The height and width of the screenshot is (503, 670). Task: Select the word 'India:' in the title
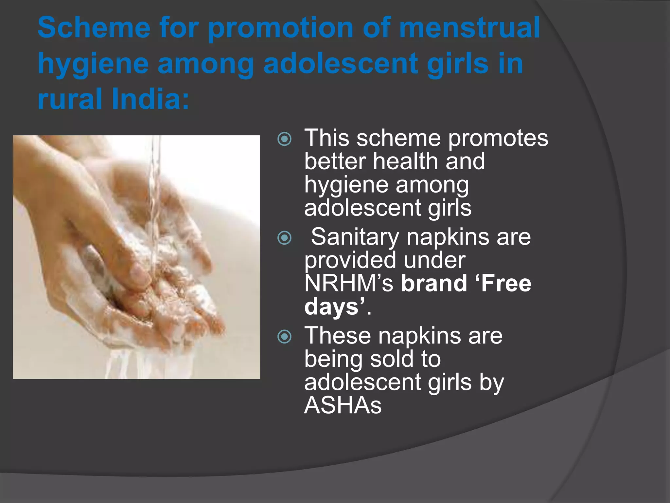pos(151,99)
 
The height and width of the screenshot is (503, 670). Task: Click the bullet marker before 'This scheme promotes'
pos(284,140)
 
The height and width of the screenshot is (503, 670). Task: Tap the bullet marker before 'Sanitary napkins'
pos(284,238)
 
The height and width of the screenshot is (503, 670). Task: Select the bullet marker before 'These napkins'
pos(284,337)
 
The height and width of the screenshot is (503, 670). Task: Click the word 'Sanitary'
pos(355,237)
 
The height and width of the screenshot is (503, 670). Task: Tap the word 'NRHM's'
pos(349,283)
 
